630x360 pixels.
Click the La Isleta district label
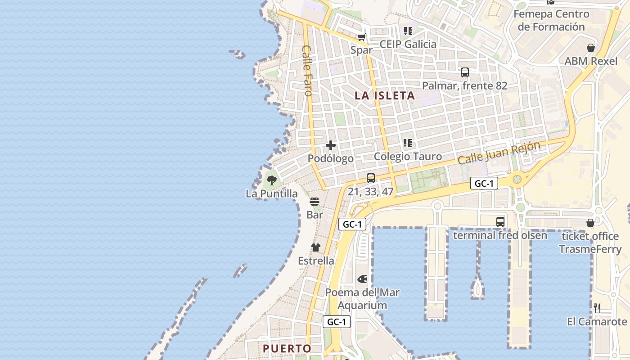(384, 96)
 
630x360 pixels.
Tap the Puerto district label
(287, 348)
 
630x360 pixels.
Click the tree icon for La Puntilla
(271, 181)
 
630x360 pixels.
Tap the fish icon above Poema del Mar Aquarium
(362, 279)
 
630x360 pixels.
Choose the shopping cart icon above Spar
(361, 37)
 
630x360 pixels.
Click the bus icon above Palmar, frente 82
(465, 72)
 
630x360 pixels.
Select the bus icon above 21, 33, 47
(371, 178)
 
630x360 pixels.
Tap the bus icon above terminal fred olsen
(500, 221)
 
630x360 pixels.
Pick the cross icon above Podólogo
(331, 145)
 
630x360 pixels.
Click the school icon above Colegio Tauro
(408, 143)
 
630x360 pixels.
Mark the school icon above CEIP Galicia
(408, 31)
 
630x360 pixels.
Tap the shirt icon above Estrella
(316, 247)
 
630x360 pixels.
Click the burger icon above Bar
(315, 201)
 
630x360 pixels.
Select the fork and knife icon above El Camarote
(597, 308)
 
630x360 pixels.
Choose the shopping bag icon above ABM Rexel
(591, 48)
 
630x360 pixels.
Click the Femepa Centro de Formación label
(551, 20)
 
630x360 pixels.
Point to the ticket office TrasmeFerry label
(590, 243)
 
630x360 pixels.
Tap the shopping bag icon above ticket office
(590, 223)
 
